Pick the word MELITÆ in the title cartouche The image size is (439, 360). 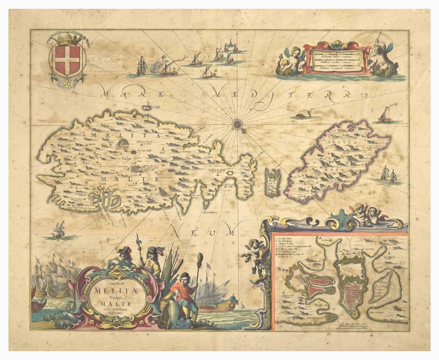111,290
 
